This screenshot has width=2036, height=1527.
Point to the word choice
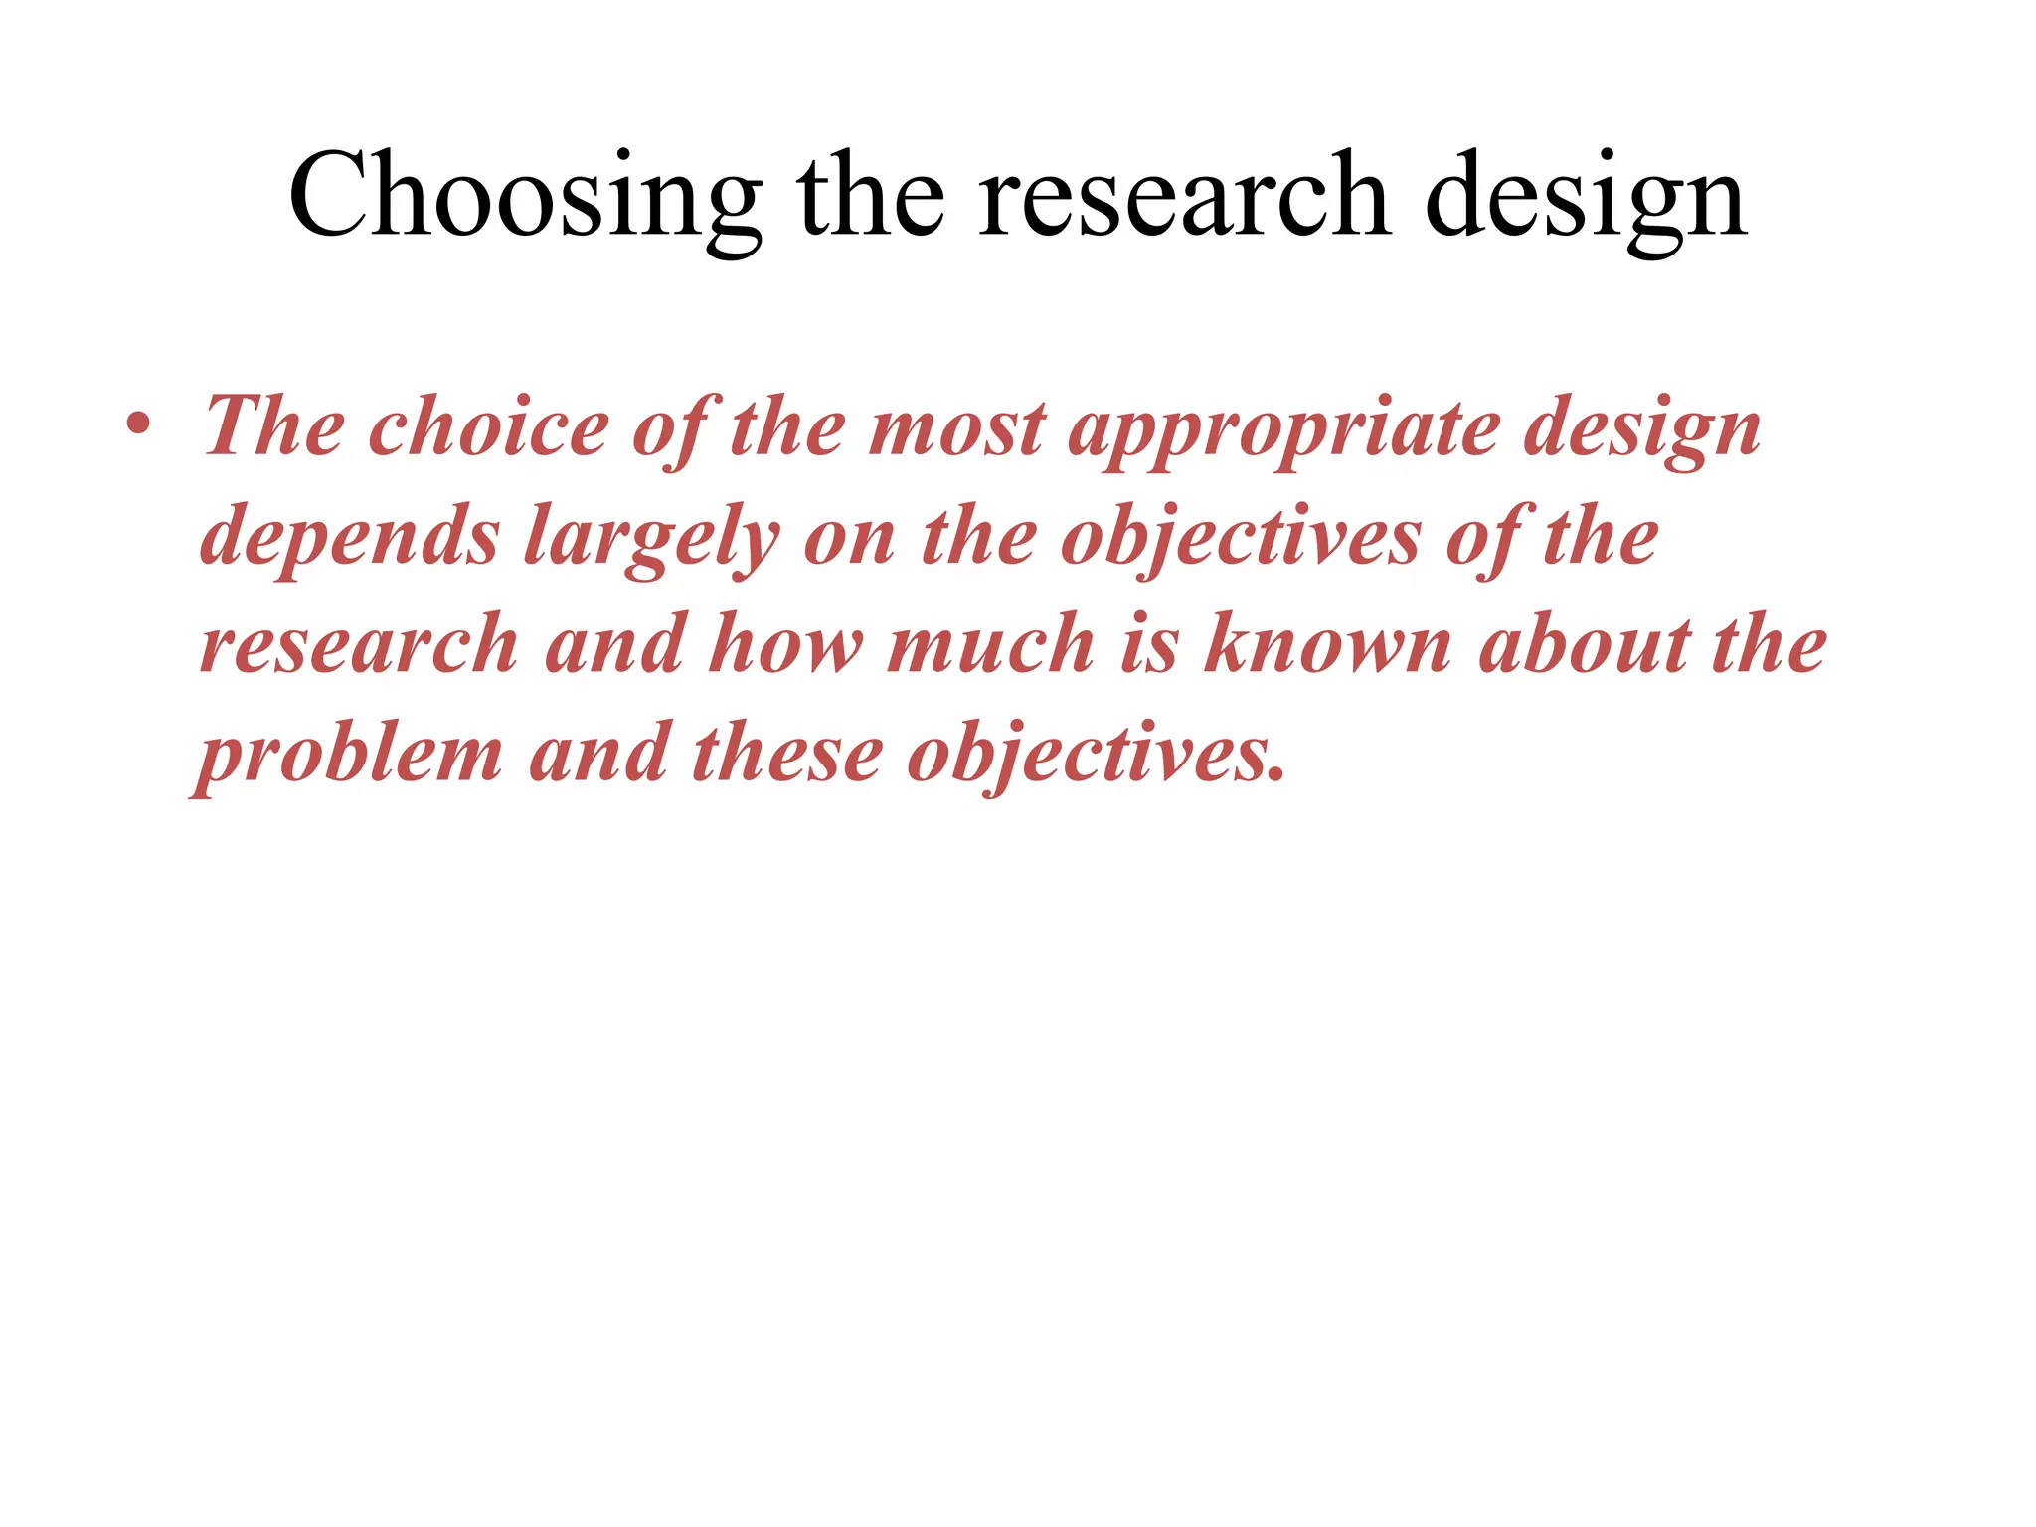point(488,427)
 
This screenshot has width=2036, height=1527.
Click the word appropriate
point(1282,427)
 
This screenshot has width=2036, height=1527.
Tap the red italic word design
point(1641,427)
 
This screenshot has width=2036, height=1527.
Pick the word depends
point(349,537)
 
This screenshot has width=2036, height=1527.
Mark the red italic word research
point(359,644)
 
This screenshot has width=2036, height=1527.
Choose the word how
point(786,644)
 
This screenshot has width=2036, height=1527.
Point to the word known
point(1327,644)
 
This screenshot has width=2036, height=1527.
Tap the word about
point(1585,644)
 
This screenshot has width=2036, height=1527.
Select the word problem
point(349,754)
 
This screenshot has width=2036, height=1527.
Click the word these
point(786,754)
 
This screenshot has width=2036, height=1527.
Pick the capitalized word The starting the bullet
point(273,427)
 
